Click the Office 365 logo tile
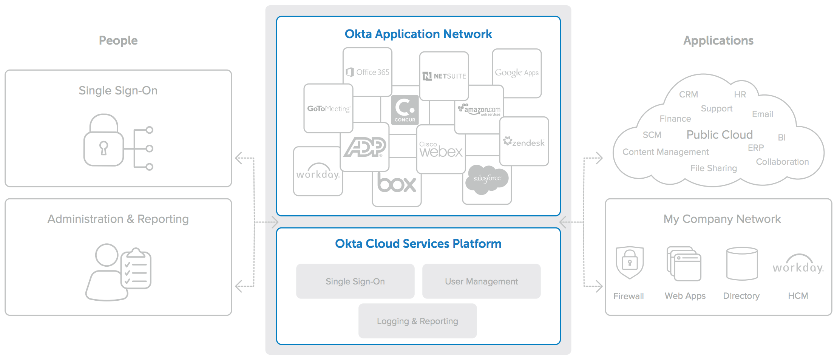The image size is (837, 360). [x=368, y=72]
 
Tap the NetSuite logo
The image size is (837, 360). [x=444, y=76]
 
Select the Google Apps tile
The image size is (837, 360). [x=517, y=73]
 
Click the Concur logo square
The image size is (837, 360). [x=405, y=110]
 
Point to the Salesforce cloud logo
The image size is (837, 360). [x=487, y=179]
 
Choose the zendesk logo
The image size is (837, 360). [x=524, y=142]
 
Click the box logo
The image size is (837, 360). [x=397, y=184]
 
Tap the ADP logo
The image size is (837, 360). [x=364, y=147]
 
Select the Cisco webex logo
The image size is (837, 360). [x=441, y=150]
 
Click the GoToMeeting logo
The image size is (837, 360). [x=328, y=108]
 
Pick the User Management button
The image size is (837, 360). [x=481, y=281]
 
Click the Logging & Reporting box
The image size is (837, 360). [x=417, y=321]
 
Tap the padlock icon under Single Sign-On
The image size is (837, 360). [x=103, y=141]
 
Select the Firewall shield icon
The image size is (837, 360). [x=629, y=262]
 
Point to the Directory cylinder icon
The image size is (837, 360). [x=742, y=264]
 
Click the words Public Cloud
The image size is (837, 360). [x=720, y=135]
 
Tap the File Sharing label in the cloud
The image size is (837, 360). [x=713, y=168]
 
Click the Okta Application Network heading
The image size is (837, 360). [x=418, y=34]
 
